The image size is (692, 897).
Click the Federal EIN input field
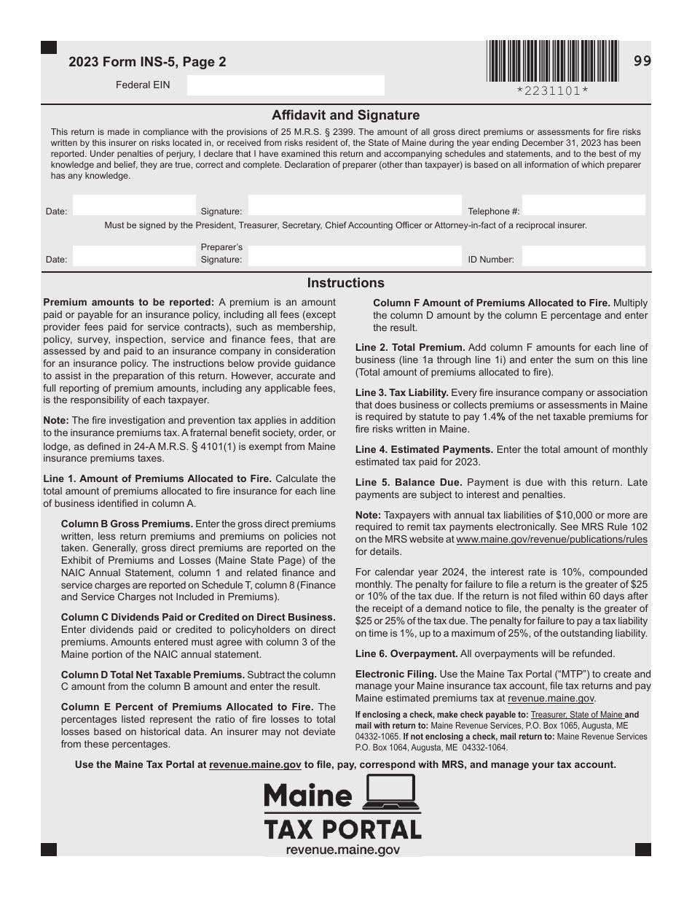[285, 85]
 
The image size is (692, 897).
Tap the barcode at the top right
[552, 61]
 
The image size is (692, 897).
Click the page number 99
[642, 61]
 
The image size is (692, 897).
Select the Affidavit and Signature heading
[345, 115]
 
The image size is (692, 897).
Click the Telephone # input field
[583, 205]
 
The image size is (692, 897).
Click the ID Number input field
[583, 256]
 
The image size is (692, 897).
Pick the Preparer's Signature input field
[355, 256]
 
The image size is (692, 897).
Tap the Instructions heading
[345, 283]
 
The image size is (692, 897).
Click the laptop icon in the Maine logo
[392, 792]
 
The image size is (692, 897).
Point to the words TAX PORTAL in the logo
[342, 830]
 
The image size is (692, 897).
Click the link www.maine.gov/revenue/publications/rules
[551, 540]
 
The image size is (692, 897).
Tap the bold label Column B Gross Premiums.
[127, 524]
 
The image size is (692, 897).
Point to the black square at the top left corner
[49, 47]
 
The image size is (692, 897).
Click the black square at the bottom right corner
[642, 850]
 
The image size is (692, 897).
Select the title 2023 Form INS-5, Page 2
[147, 63]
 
